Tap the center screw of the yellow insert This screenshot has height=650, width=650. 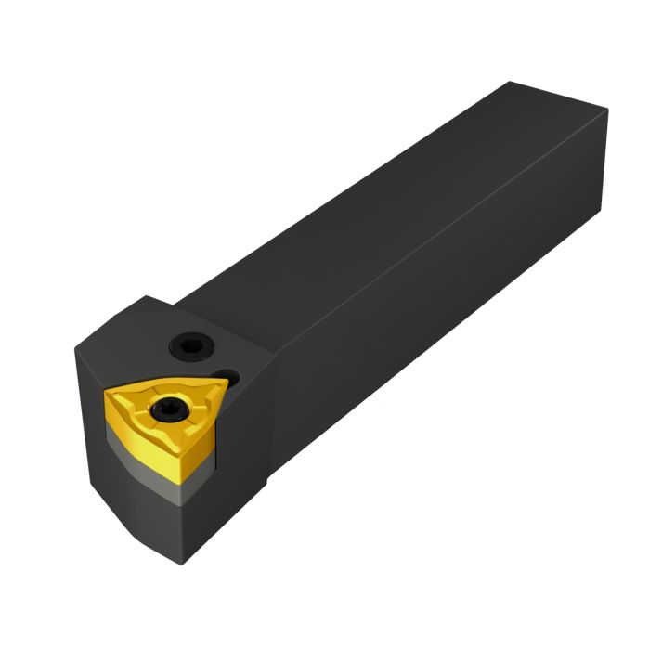point(170,405)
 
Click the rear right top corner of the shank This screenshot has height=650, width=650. point(607,111)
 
